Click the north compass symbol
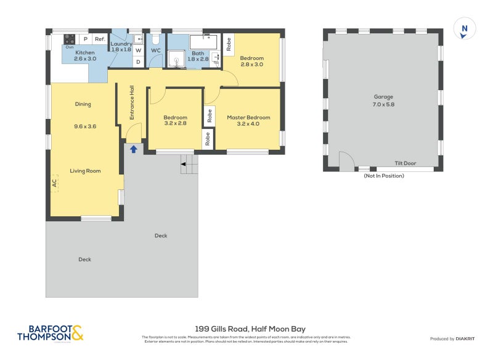pyautogui.click(x=465, y=29)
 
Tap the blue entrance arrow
pyautogui.click(x=133, y=149)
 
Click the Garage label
pyautogui.click(x=383, y=97)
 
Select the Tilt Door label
pyautogui.click(x=405, y=164)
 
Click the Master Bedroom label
pyautogui.click(x=248, y=117)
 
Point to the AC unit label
pyautogui.click(x=55, y=183)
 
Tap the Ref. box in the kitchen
pyautogui.click(x=100, y=39)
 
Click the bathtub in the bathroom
pyautogui.click(x=203, y=42)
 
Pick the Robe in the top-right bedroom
pyautogui.click(x=229, y=43)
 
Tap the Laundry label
pyautogui.click(x=121, y=44)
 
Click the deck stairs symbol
pyautogui.click(x=189, y=164)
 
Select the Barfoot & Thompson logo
pyautogui.click(x=49, y=333)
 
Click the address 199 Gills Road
pyautogui.click(x=250, y=329)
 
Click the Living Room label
pyautogui.click(x=85, y=171)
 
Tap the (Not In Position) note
pyautogui.click(x=383, y=176)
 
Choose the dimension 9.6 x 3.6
pyautogui.click(x=85, y=126)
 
